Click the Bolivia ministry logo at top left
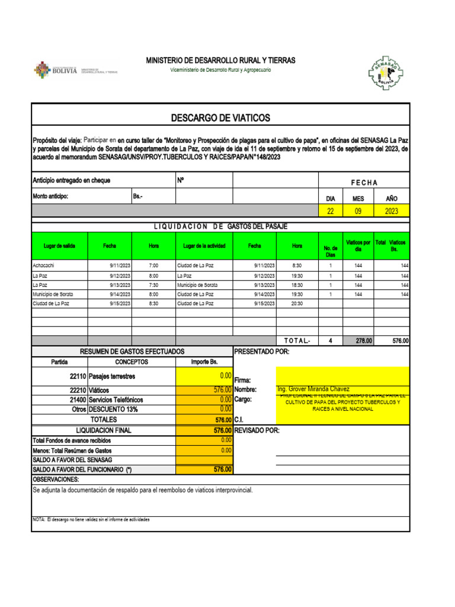pyautogui.click(x=76, y=70)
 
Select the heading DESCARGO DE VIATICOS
pyautogui.click(x=220, y=118)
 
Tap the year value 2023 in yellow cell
pyautogui.click(x=390, y=211)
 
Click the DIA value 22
pyautogui.click(x=331, y=211)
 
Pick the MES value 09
pyautogui.click(x=358, y=211)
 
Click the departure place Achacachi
pyautogui.click(x=44, y=266)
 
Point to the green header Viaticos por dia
pyautogui.click(x=358, y=245)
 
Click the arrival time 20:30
pyautogui.click(x=297, y=303)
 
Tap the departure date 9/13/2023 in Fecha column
pyautogui.click(x=120, y=285)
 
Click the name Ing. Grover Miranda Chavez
pyautogui.click(x=313, y=389)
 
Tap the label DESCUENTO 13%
pyautogui.click(x=114, y=409)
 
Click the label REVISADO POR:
pyautogui.click(x=257, y=430)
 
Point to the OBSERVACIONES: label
pyautogui.click(x=56, y=479)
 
